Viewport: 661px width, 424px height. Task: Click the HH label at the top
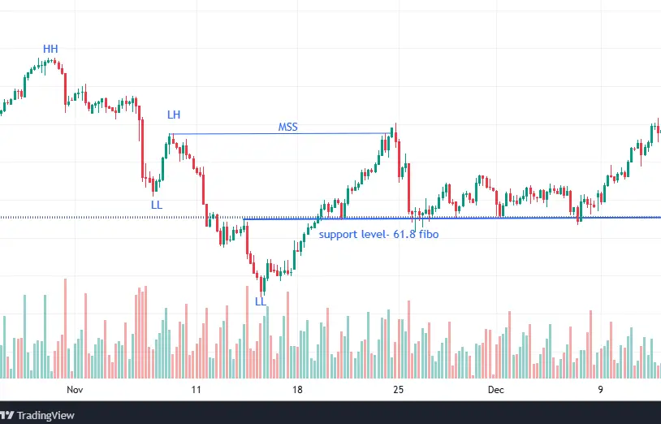pyautogui.click(x=50, y=50)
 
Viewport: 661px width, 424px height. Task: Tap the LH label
pyautogui.click(x=174, y=115)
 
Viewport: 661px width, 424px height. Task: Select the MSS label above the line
pyautogui.click(x=287, y=128)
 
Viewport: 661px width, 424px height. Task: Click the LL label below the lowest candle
pyautogui.click(x=260, y=301)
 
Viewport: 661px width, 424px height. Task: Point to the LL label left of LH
pyautogui.click(x=157, y=205)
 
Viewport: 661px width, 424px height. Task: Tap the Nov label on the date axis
pyautogui.click(x=76, y=390)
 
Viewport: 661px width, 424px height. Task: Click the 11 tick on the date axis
pyautogui.click(x=196, y=390)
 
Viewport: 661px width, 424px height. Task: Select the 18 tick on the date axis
pyautogui.click(x=298, y=390)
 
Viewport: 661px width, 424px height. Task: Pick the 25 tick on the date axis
pyautogui.click(x=399, y=390)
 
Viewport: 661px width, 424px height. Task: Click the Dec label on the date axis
pyautogui.click(x=496, y=390)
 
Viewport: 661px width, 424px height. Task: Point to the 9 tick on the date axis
pyautogui.click(x=600, y=390)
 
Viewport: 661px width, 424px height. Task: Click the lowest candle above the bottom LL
pyautogui.click(x=261, y=283)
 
